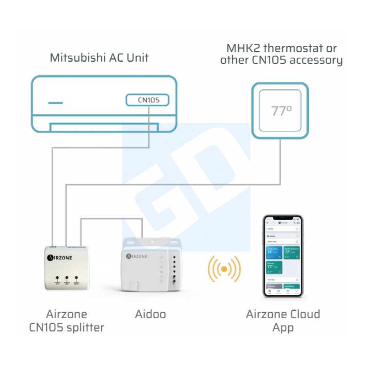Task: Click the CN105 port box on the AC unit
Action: (x=147, y=100)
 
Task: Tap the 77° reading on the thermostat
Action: (x=281, y=111)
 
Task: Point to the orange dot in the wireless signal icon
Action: (x=224, y=268)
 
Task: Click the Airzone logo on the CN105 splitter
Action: (x=60, y=257)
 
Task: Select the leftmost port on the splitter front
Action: (x=58, y=278)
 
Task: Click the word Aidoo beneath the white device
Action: (x=150, y=314)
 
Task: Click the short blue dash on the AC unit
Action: (x=55, y=103)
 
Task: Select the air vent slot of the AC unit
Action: (x=104, y=127)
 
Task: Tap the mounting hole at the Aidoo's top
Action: (x=153, y=241)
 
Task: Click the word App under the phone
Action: (x=283, y=327)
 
